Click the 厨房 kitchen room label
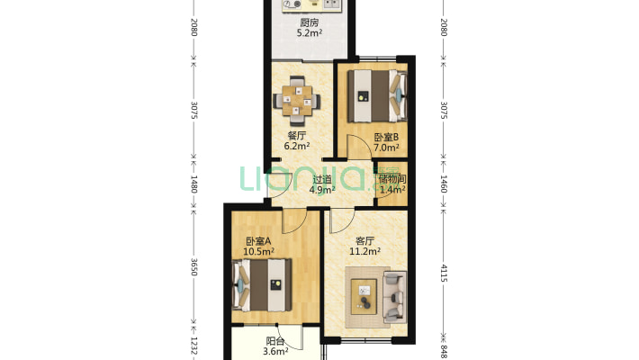point(310,24)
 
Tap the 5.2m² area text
point(310,36)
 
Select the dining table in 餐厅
point(297,98)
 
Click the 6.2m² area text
point(297,145)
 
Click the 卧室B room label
point(386,138)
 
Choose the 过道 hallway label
point(322,179)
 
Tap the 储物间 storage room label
point(391,179)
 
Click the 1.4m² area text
point(391,190)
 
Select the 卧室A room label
point(258,241)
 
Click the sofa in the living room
point(394,296)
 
